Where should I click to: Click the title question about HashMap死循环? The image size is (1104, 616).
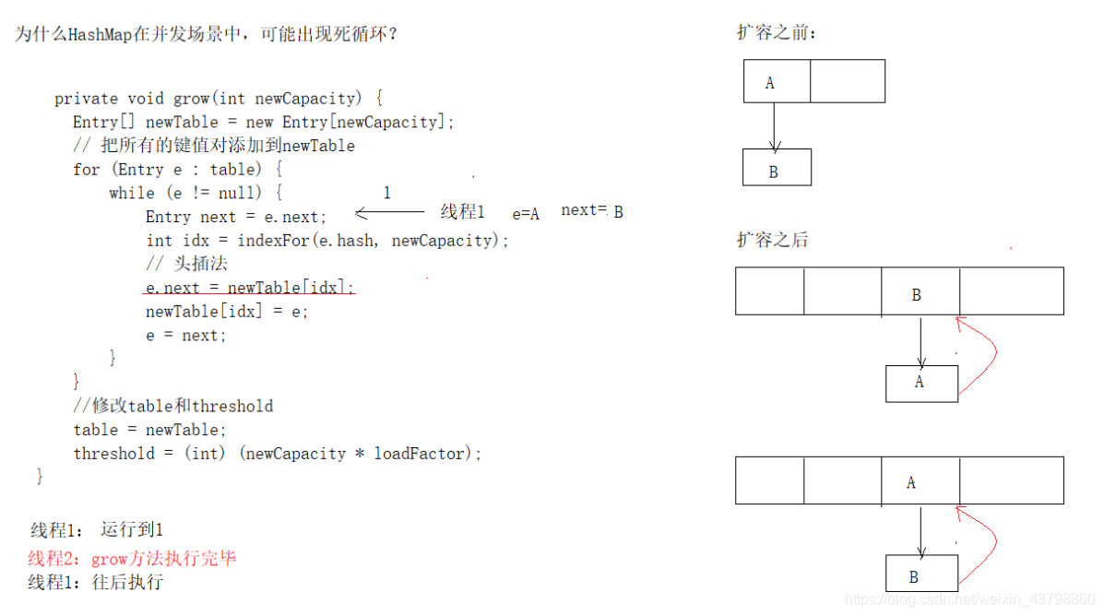207,35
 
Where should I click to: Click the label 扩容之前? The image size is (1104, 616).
777,33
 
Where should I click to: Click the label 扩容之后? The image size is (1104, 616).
772,240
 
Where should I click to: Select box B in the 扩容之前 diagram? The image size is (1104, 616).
777,169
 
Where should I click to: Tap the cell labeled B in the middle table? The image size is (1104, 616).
920,292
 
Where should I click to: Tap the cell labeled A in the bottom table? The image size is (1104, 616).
920,480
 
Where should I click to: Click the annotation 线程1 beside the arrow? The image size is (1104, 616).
462,212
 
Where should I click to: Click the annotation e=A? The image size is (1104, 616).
526,214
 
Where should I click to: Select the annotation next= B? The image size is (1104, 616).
592,211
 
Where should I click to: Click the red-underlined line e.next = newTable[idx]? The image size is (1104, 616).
249,289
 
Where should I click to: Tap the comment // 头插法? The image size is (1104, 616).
187,265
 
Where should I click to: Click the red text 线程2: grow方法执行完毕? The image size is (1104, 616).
132,559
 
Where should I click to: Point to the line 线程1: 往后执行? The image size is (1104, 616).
96,582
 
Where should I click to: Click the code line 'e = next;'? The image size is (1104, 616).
185,336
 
